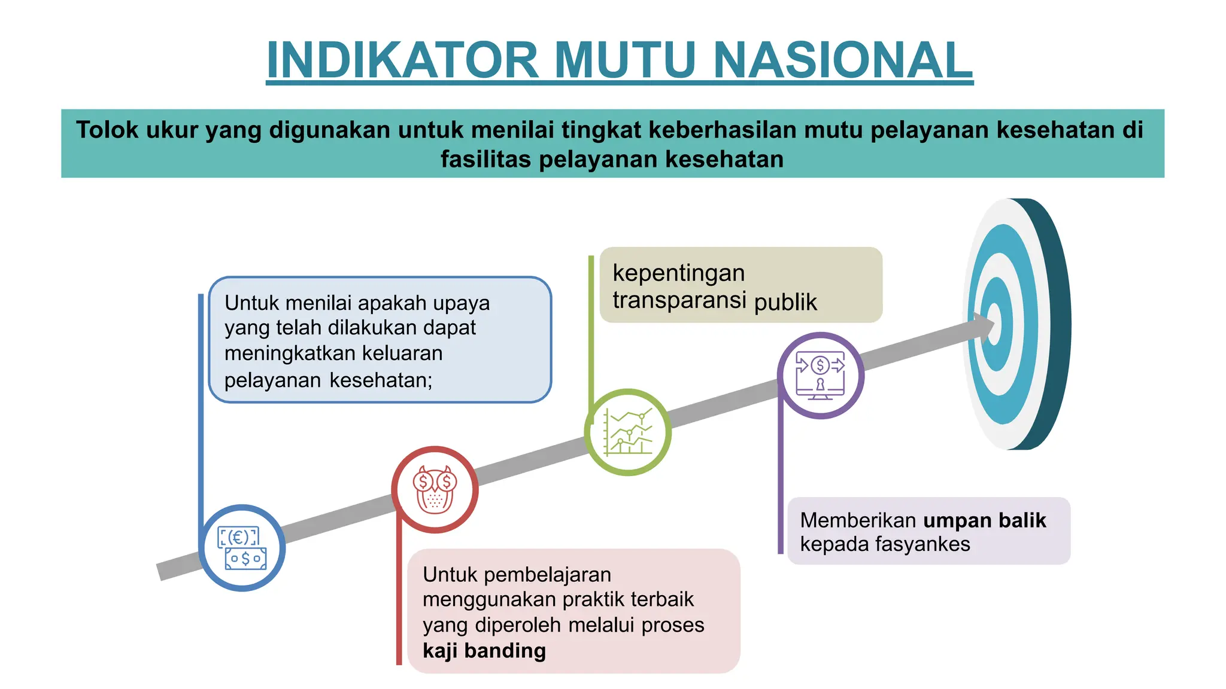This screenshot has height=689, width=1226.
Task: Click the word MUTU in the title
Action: tap(626, 60)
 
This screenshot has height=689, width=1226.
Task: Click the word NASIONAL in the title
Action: tap(843, 60)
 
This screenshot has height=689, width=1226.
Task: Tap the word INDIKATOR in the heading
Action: tap(403, 60)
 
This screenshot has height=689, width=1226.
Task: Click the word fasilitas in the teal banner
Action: tap(485, 160)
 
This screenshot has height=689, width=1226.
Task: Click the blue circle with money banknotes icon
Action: tap(242, 548)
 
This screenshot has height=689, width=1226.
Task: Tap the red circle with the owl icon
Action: tap(435, 489)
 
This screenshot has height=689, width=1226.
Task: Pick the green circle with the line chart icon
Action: tap(627, 432)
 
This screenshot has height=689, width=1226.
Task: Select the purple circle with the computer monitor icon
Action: tap(820, 376)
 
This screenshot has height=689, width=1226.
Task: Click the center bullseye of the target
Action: tap(994, 324)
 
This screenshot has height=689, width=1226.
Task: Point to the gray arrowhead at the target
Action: tap(982, 327)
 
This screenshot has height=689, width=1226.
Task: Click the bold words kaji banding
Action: tap(484, 650)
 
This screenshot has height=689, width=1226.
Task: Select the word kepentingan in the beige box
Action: tap(678, 273)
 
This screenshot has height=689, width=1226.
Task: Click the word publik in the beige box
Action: tap(785, 302)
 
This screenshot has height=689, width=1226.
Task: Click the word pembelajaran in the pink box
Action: tap(547, 575)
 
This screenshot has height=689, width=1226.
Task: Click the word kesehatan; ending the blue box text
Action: tap(381, 380)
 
